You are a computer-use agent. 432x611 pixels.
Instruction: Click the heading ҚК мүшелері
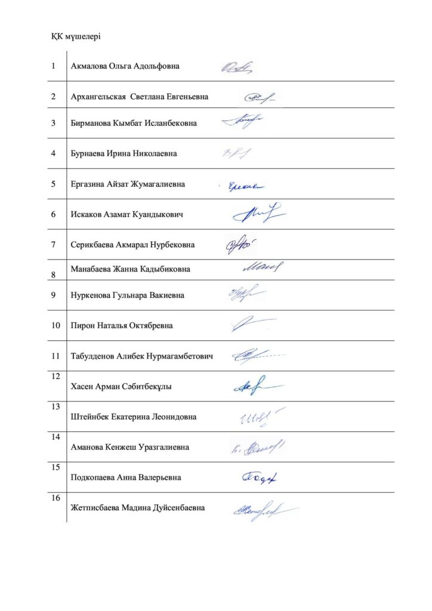click(75, 37)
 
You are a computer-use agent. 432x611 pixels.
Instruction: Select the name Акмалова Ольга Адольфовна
click(125, 66)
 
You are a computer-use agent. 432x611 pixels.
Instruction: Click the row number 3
click(54, 123)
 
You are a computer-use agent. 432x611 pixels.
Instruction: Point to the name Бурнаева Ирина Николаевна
click(124, 153)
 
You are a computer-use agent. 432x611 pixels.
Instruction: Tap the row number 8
click(54, 274)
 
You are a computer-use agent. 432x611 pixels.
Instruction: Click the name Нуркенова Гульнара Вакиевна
click(127, 295)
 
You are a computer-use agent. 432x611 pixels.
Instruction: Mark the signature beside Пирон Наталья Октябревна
click(251, 325)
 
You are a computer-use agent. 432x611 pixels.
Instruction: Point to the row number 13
click(55, 407)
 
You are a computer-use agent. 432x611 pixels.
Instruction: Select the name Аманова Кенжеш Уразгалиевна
click(129, 447)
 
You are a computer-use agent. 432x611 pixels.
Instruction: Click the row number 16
click(55, 498)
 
